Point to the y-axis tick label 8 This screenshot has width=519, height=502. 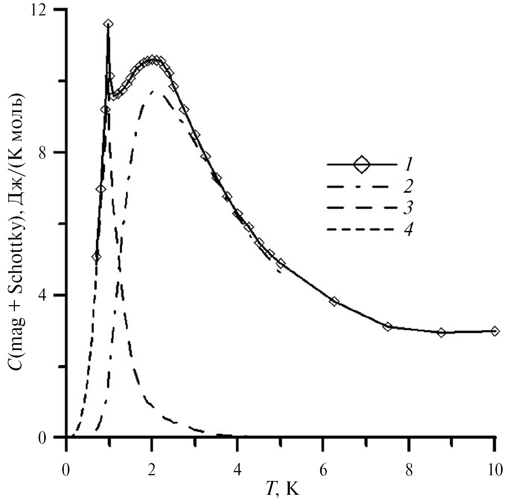[51, 153]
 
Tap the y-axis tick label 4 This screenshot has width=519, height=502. [51, 295]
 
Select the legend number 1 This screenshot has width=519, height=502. [407, 165]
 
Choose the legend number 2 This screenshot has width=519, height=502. [407, 184]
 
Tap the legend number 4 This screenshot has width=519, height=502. [407, 228]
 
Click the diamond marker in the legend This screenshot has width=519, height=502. [362, 165]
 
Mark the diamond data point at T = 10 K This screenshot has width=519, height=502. [494, 331]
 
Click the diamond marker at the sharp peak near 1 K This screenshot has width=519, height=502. [108, 24]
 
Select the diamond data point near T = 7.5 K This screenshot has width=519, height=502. [387, 326]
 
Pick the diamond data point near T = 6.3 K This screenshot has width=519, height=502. [335, 302]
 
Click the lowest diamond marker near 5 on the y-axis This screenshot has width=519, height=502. [96, 257]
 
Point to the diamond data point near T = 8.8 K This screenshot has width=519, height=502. [441, 332]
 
